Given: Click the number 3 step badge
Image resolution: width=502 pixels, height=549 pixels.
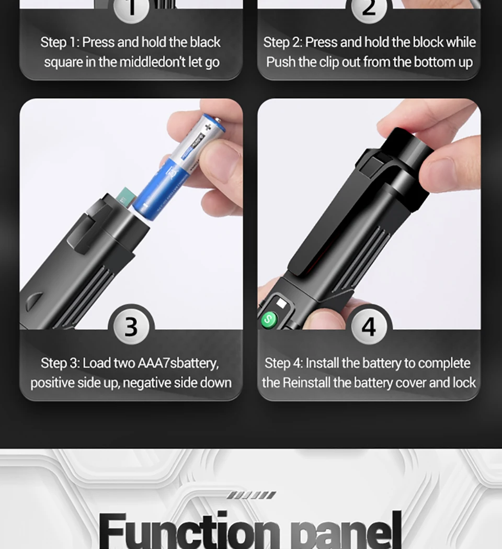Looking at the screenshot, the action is (131, 327).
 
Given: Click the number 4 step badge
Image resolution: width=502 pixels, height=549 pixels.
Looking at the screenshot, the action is (369, 327).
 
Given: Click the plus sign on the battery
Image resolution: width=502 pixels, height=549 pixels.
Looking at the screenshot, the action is (208, 127).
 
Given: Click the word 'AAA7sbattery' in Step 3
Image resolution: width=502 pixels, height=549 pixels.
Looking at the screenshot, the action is (178, 363).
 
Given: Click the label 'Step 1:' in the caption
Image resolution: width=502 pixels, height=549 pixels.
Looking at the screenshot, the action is (60, 42).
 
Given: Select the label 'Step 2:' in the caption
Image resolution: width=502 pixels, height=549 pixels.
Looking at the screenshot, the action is (283, 42).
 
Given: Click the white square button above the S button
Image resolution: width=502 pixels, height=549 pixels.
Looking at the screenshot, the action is (281, 303).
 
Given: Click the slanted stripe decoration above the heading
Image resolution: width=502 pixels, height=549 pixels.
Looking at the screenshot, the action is (251, 495).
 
